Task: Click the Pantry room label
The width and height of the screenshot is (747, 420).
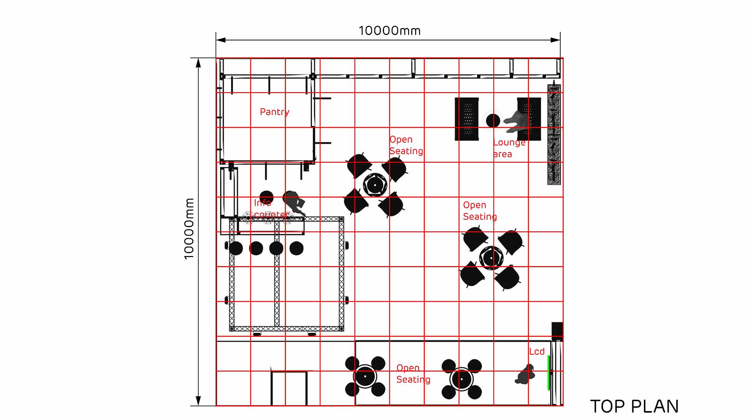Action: tap(274, 112)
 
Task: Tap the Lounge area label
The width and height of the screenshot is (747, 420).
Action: tap(509, 148)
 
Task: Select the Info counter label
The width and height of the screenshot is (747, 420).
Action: tap(271, 209)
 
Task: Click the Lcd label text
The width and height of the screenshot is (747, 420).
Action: tap(537, 352)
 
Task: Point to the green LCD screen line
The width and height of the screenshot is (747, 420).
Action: tap(549, 372)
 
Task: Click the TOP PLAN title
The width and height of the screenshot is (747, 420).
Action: tap(634, 406)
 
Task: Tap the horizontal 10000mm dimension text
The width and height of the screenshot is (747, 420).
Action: tap(389, 31)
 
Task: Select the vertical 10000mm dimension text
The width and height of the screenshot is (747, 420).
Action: tap(189, 228)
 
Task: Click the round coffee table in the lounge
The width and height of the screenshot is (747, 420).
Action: tap(493, 121)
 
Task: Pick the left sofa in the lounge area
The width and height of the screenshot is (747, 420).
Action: tap(466, 119)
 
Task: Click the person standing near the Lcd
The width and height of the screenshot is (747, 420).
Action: tap(525, 374)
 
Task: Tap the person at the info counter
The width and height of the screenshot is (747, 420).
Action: tap(294, 202)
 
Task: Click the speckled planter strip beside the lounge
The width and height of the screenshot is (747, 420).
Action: tap(554, 134)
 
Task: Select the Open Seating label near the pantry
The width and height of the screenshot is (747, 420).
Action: tap(406, 145)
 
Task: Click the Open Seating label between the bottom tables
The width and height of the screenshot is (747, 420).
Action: tap(413, 374)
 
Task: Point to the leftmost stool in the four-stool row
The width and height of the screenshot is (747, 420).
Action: tap(236, 248)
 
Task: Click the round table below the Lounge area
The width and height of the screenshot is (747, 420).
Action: tap(491, 257)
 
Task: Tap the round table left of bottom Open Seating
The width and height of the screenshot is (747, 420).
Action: tap(365, 376)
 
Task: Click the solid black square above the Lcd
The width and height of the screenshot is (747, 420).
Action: tap(557, 329)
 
